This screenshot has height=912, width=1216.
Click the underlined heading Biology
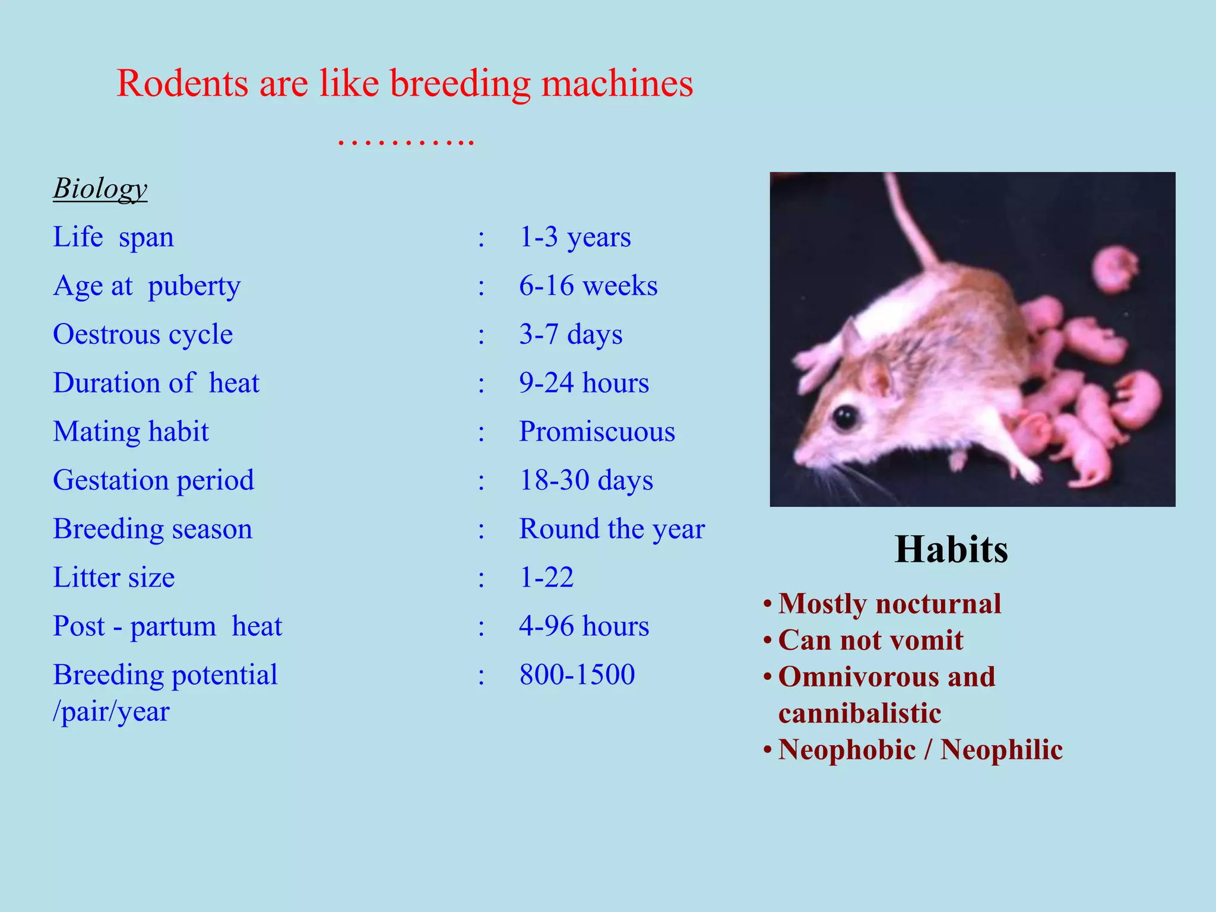pyautogui.click(x=100, y=189)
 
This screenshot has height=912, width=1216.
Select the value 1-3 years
pyautogui.click(x=575, y=237)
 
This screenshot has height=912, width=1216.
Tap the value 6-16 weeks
pyautogui.click(x=588, y=286)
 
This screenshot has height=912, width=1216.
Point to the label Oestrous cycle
pyautogui.click(x=142, y=334)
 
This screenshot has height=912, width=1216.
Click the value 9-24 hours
pyautogui.click(x=584, y=383)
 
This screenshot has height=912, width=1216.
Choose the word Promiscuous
pyautogui.click(x=597, y=432)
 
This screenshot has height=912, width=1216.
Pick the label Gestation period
pyautogui.click(x=153, y=480)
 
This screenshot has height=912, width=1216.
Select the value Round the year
pyautogui.click(x=612, y=529)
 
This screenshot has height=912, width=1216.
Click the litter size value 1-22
pyautogui.click(x=546, y=577)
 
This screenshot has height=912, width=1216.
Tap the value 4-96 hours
pyautogui.click(x=584, y=626)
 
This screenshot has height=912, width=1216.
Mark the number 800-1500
pyautogui.click(x=577, y=674)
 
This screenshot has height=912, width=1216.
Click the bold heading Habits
pyautogui.click(x=951, y=549)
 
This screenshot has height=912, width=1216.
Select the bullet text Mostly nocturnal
pyautogui.click(x=889, y=604)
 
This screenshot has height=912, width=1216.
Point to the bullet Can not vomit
pyautogui.click(x=870, y=640)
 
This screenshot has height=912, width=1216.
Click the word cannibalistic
pyautogui.click(x=859, y=713)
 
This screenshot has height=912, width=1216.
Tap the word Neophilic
pyautogui.click(x=1002, y=749)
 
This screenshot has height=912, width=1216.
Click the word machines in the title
pyautogui.click(x=617, y=83)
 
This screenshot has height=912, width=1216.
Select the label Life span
pyautogui.click(x=113, y=237)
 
